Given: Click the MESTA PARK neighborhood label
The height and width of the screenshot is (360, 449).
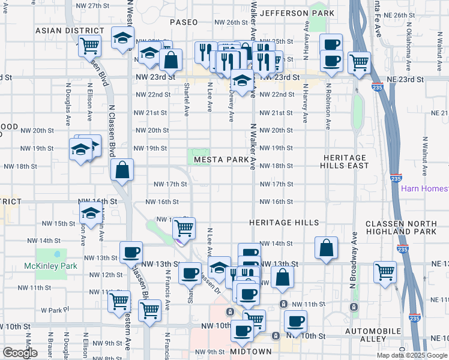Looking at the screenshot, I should [220, 160].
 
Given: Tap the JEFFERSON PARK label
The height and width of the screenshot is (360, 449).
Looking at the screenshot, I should [297, 13].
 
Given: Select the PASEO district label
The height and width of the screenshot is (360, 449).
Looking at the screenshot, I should [184, 22].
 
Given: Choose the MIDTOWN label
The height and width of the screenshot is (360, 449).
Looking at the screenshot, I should [251, 351].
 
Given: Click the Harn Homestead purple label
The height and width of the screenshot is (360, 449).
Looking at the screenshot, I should [424, 189].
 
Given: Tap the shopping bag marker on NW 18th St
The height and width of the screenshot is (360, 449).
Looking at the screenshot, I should [122, 169].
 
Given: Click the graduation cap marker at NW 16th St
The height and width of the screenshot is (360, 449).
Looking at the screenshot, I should [91, 213].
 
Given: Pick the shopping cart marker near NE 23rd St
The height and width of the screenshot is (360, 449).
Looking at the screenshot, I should [359, 62].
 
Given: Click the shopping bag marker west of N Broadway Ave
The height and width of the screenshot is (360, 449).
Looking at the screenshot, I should [326, 247].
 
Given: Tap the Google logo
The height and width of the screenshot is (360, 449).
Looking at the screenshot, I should [20, 353].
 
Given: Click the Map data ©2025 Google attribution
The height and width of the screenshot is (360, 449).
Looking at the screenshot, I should [412, 355].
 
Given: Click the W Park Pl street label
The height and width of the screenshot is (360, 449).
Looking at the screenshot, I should [52, 310].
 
